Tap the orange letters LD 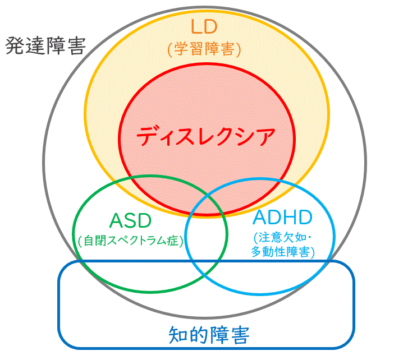204,26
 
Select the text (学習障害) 204,49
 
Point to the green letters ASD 130,220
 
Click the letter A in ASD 116,220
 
